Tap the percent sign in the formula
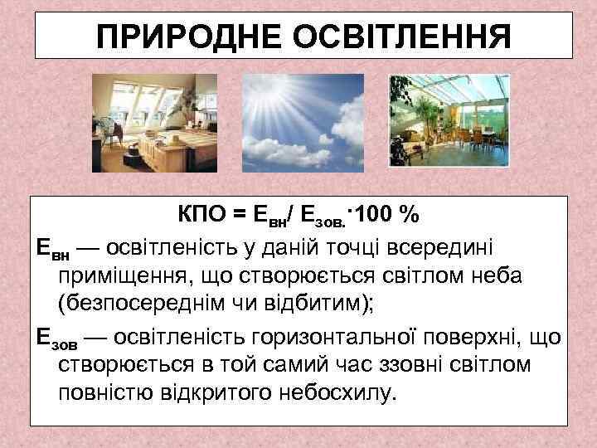point(408,215)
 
